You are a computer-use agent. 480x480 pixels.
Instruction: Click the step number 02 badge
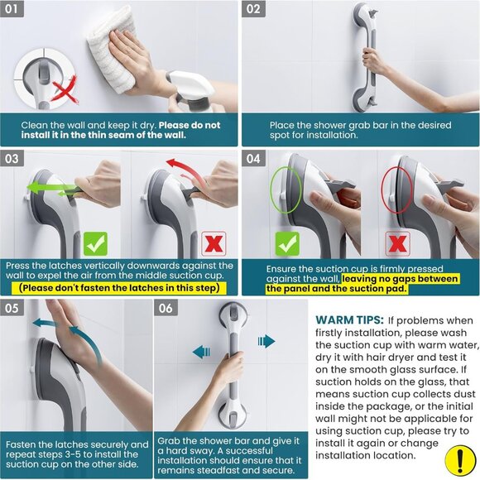pos(255,10)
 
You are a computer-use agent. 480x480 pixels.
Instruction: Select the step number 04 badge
pos(255,158)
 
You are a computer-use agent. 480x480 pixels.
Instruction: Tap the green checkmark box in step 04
pos(287,243)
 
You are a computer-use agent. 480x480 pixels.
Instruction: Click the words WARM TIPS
pos(349,319)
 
